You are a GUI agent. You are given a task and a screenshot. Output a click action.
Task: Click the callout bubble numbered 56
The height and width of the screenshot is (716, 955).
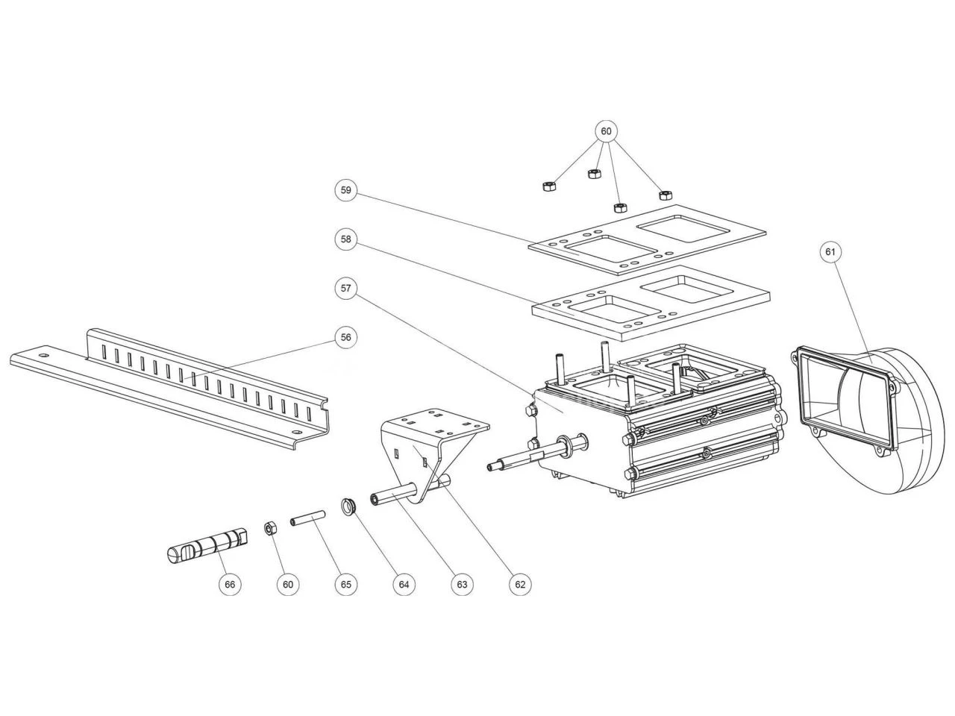pos(345,337)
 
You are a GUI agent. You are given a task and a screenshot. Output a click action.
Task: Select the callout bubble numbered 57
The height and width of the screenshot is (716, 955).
pos(345,288)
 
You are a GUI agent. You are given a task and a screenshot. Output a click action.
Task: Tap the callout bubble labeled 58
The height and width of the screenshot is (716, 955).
pos(345,239)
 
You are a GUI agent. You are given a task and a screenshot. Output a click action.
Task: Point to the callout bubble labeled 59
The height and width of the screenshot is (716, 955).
pos(345,190)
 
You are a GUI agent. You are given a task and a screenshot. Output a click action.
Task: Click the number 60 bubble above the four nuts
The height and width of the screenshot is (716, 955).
pos(606,131)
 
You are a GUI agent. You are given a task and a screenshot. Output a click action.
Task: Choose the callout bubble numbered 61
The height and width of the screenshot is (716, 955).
pos(830,252)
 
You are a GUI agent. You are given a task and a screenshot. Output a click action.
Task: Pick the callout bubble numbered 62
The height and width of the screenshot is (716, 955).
pos(520,585)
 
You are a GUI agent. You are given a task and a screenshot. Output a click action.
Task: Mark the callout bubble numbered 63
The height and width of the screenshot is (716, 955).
pos(462,585)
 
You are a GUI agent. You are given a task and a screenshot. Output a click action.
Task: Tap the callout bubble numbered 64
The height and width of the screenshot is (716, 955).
pos(404,585)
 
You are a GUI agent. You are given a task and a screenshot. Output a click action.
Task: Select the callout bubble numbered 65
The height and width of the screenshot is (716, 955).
pos(346,585)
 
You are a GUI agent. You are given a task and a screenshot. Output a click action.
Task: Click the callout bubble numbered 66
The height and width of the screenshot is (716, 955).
pos(230,585)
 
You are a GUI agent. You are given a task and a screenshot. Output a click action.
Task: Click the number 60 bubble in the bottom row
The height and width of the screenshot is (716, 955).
pos(288,585)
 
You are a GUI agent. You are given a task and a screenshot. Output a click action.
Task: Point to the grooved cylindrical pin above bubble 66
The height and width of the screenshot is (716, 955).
pos(205,544)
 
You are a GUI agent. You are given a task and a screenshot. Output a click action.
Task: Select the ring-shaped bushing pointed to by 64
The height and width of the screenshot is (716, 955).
pos(348,506)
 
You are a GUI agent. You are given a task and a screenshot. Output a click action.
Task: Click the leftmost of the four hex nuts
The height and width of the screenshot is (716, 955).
pos(548,184)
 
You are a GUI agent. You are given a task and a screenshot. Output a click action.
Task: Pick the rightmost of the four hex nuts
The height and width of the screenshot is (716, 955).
pos(664,195)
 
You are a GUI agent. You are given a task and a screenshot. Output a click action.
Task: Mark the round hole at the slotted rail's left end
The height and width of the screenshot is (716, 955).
pos(43,357)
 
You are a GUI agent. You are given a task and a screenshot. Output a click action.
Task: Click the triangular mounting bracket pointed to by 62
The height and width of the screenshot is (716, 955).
pos(429,447)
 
